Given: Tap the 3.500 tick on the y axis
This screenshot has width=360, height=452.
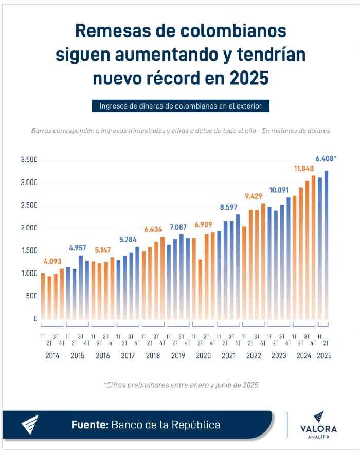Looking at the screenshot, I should [x=29, y=160].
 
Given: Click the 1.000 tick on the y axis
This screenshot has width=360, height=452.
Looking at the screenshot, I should [x=29, y=273].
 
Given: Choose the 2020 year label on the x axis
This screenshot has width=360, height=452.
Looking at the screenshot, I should [x=204, y=355].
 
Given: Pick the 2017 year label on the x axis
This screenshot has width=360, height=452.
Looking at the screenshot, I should [x=129, y=355].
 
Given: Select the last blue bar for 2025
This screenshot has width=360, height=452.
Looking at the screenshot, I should [x=326, y=247].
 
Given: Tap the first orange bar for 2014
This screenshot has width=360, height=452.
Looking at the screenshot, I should [x=43, y=298].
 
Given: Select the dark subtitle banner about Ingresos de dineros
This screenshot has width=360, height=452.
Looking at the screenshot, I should [x=180, y=106].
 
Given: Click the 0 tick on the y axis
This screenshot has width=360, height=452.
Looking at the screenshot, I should [x=35, y=318].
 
